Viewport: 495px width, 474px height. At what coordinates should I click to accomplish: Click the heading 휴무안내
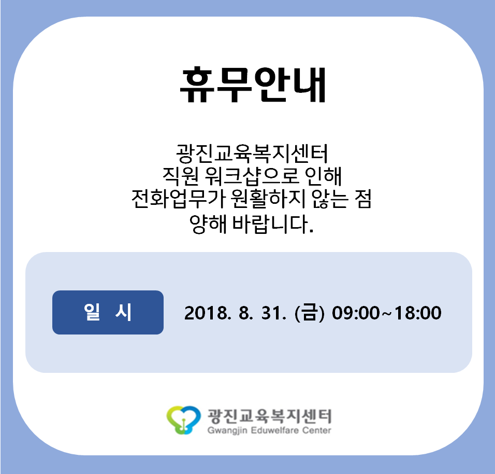253,85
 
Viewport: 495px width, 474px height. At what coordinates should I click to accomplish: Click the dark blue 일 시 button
108,312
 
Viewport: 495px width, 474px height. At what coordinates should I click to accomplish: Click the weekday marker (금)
309,313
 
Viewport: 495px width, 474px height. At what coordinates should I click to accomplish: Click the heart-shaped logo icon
184,420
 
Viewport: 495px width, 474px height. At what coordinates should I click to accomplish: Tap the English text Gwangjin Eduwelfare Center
269,430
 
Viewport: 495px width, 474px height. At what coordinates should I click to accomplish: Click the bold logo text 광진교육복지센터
269,416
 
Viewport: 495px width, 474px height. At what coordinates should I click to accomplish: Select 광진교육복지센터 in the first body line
252,154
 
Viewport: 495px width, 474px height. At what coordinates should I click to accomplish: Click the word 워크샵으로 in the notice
252,176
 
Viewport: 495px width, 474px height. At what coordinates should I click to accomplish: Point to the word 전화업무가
178,199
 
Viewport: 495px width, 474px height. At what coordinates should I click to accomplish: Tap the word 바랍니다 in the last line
273,224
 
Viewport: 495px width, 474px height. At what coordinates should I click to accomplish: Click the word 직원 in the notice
181,176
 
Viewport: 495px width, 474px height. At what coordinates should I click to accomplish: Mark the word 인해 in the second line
323,176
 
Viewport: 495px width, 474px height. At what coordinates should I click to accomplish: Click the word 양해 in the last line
208,224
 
